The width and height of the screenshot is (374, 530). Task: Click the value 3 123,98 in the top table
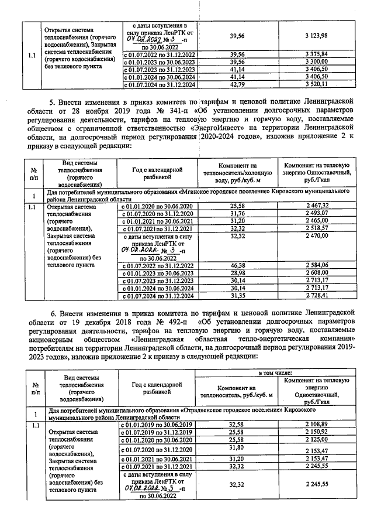(317, 36)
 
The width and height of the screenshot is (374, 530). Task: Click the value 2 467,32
(317, 206)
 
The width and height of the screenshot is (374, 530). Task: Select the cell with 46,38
(237, 265)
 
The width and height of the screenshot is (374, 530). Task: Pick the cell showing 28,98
(237, 273)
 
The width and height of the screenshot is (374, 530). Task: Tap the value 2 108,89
(317, 424)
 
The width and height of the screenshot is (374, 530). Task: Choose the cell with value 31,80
(237, 449)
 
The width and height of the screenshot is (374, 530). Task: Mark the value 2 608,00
(317, 273)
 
